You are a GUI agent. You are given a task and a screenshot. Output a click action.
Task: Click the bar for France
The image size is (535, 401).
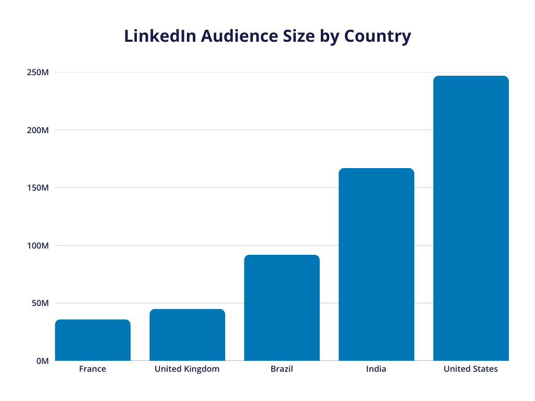[x=92, y=340]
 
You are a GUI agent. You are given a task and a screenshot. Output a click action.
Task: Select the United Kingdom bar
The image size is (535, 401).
[x=187, y=335]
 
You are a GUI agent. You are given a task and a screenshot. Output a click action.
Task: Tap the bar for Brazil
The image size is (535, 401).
[x=282, y=308]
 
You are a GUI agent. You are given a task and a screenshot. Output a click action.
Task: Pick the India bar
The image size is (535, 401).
[x=376, y=264]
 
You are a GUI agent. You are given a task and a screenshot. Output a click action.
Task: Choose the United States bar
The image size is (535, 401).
[x=471, y=218]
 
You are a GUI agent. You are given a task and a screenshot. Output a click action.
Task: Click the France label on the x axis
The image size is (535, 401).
[x=92, y=369]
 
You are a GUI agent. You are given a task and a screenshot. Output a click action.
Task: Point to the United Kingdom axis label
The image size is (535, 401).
[x=187, y=369]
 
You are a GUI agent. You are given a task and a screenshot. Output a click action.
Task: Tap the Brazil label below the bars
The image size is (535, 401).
[x=282, y=369]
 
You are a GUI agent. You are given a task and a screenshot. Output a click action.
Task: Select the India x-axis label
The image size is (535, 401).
[x=376, y=369]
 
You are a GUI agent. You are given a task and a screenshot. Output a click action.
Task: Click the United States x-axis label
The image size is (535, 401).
[x=471, y=369]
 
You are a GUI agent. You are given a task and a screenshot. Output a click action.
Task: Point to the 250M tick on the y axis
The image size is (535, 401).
[x=38, y=73]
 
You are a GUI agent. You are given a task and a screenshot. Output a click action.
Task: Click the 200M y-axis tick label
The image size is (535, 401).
[x=38, y=130]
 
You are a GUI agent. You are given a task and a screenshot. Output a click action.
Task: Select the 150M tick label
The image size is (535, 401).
[x=38, y=188]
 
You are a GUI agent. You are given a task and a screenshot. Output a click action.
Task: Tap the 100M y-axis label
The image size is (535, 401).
[x=38, y=245]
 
